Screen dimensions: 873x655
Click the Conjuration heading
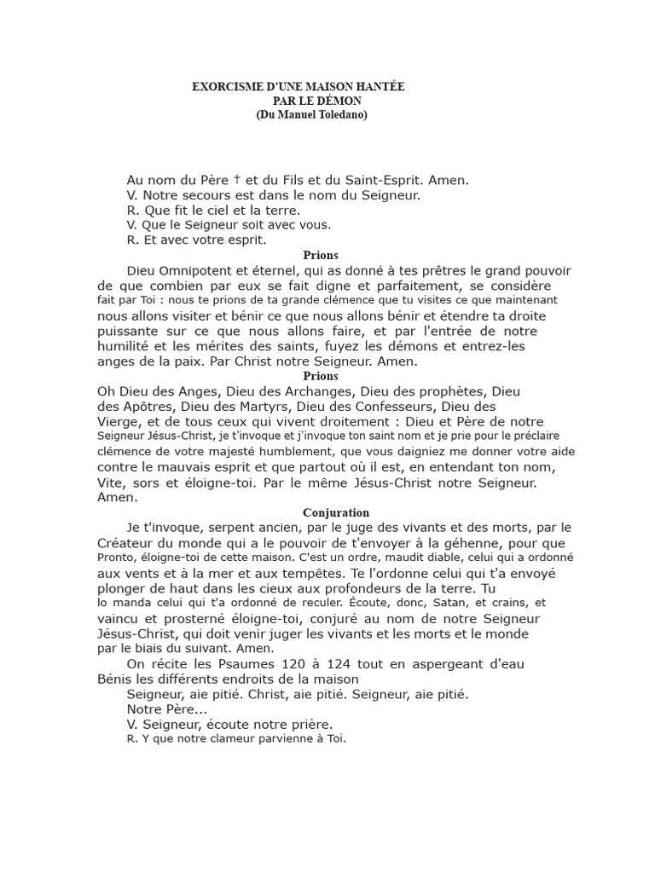pyautogui.click(x=336, y=512)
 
